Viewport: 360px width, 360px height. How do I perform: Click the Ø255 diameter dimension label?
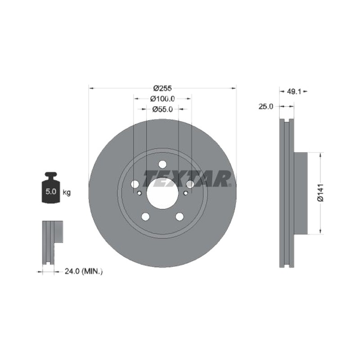(162, 88)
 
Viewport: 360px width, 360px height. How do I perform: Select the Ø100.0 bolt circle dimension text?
(162, 99)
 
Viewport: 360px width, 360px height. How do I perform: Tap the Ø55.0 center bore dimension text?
(162, 109)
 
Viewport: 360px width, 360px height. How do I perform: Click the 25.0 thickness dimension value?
(266, 107)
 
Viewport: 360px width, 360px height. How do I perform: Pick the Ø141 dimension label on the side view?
(320, 193)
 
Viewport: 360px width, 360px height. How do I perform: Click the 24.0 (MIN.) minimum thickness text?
(84, 271)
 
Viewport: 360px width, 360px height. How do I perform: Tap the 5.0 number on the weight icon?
(51, 191)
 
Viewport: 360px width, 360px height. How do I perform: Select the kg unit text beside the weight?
(67, 193)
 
